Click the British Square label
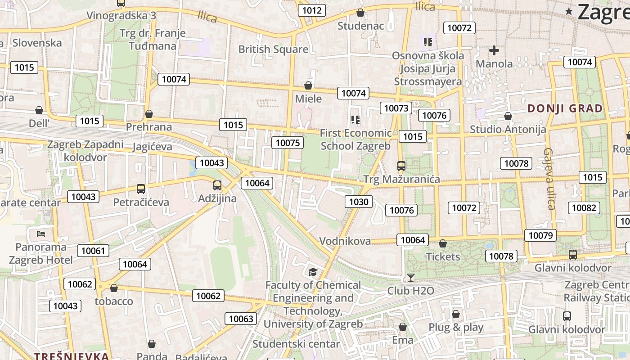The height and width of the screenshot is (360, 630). (x=273, y=49)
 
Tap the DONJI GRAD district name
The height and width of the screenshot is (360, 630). (x=565, y=108)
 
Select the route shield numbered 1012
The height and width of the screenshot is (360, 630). (x=312, y=10)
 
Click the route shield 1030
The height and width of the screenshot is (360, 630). (x=359, y=202)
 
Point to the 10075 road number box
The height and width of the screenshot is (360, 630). (x=287, y=143)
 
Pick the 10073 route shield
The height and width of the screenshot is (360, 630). (x=396, y=108)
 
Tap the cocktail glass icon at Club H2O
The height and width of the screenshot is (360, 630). (x=410, y=278)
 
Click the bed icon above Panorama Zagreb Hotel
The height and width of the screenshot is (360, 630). (x=41, y=234)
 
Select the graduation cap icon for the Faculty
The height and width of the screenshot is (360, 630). (x=313, y=271)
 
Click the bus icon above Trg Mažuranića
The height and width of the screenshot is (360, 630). (x=401, y=166)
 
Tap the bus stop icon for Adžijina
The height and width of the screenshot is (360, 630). (x=217, y=185)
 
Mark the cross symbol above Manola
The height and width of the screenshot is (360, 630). (x=494, y=50)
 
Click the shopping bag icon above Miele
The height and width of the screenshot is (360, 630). (x=308, y=85)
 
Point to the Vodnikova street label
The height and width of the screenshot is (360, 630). (x=345, y=241)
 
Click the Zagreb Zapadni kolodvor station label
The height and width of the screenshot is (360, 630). (x=85, y=151)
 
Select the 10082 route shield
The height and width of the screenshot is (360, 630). (x=584, y=208)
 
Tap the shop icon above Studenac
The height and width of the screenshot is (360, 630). (x=360, y=13)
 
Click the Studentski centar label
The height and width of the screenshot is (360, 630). (x=296, y=344)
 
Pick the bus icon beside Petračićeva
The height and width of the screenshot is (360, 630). (x=141, y=189)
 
